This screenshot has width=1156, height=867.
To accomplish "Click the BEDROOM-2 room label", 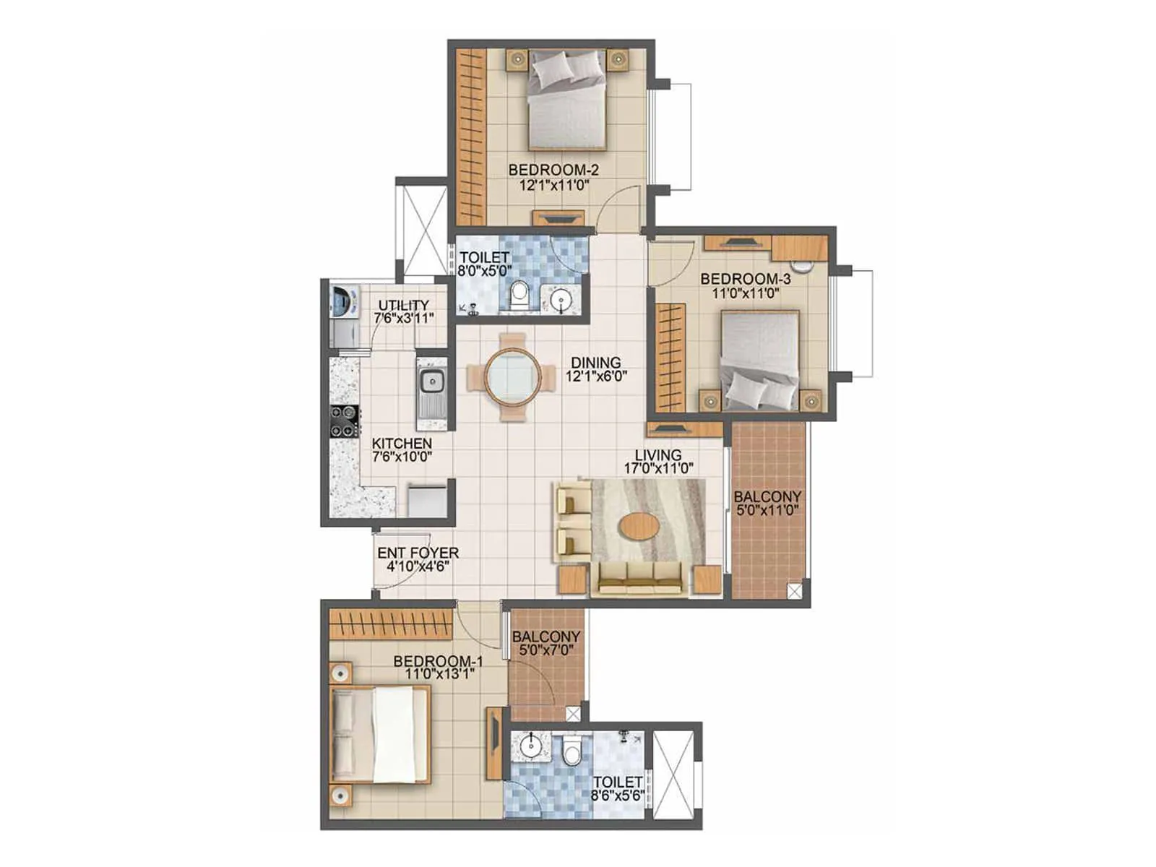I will pos(553,171).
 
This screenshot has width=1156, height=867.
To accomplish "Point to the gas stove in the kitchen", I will pos(344,421).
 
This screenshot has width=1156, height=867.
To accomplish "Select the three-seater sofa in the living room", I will pos(639,577).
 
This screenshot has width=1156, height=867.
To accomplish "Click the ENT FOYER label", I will pos(418,553).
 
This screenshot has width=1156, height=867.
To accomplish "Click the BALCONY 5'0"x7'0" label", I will pos(546,637).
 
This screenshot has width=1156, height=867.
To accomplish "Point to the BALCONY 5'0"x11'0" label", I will pos(767,497).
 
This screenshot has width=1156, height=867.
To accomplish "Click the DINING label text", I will pos(595,363).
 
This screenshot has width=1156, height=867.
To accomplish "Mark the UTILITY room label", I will pos(403,306).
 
